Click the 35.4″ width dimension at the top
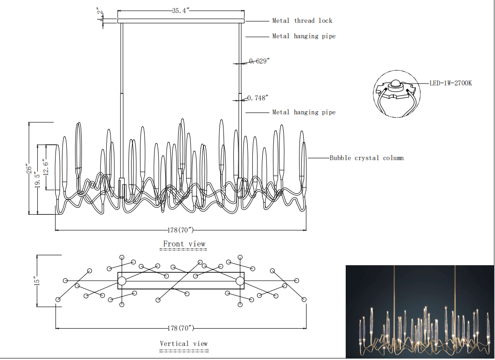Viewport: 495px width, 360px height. [x=181, y=11]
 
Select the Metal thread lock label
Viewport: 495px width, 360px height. [x=302, y=21]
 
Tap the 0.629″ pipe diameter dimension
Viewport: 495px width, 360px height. [x=259, y=61]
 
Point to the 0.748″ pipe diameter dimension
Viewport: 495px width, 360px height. [x=258, y=98]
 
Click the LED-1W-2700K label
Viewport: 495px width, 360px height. [x=451, y=83]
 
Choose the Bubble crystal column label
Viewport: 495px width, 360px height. [x=367, y=158]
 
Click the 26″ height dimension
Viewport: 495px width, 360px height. [x=29, y=169]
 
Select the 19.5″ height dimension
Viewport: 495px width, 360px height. [x=38, y=180]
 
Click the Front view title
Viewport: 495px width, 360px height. [x=184, y=244]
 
